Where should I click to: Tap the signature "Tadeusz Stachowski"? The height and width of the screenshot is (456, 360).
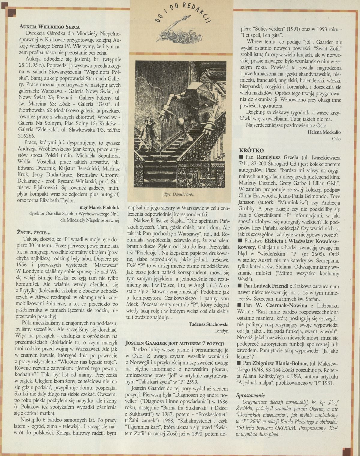click(209, 324)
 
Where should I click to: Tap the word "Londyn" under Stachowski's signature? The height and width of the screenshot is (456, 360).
click(221, 331)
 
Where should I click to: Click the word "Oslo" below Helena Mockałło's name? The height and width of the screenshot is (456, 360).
click(336, 139)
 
